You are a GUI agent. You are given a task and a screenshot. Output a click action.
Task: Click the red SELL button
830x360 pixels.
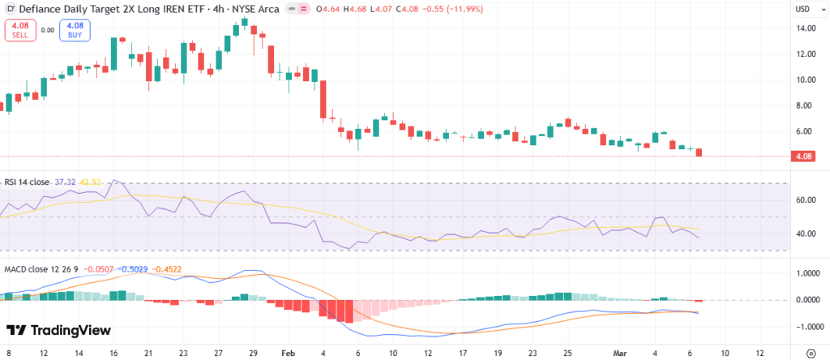pyautogui.click(x=19, y=31)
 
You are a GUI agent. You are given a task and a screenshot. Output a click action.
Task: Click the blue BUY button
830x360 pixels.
pyautogui.click(x=75, y=31)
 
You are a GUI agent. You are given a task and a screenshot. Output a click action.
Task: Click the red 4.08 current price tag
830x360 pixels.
pyautogui.click(x=804, y=156)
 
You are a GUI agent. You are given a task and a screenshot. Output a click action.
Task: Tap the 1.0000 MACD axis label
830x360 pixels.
pyautogui.click(x=807, y=273)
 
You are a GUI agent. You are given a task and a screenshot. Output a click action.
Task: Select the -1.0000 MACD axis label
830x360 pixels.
pyautogui.click(x=806, y=326)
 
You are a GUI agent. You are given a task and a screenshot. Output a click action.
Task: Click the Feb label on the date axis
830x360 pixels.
pyautogui.click(x=289, y=354)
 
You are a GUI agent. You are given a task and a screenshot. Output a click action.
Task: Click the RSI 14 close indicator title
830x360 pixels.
pyautogui.click(x=26, y=182)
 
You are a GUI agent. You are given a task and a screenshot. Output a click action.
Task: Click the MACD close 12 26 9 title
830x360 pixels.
pyautogui.click(x=36, y=268)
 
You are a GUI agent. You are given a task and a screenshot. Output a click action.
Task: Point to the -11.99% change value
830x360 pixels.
pyautogui.click(x=461, y=9)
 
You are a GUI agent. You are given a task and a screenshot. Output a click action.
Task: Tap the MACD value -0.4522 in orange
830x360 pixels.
pyautogui.click(x=169, y=268)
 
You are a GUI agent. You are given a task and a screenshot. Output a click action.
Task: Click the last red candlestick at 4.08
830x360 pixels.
pyautogui.click(x=699, y=152)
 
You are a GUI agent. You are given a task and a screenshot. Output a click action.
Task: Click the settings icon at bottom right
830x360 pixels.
pyautogui.click(x=813, y=354)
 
